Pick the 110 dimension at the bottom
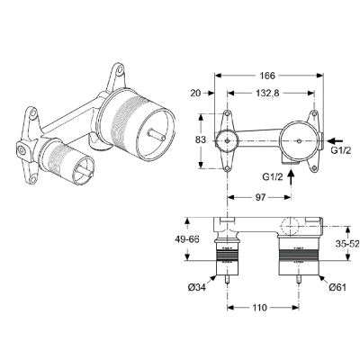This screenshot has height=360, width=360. [258, 307]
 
